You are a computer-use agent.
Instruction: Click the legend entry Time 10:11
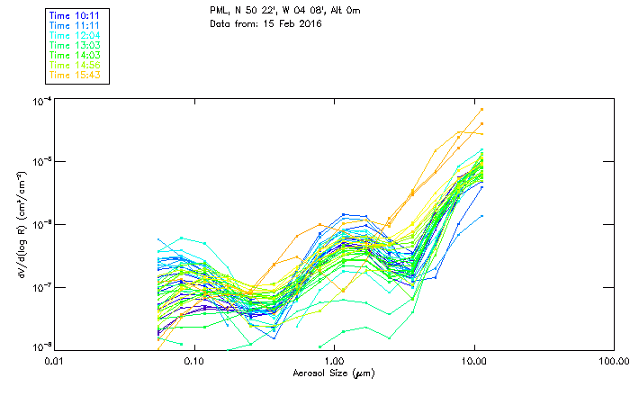(x=73, y=15)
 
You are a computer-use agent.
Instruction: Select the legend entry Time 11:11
(x=73, y=25)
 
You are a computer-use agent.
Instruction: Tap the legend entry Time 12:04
(x=73, y=35)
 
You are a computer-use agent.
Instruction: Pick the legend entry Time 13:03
(x=73, y=45)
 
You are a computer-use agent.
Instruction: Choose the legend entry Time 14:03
(x=73, y=55)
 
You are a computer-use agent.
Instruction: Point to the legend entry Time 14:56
(x=73, y=65)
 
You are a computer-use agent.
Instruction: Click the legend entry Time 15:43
(x=73, y=75)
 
